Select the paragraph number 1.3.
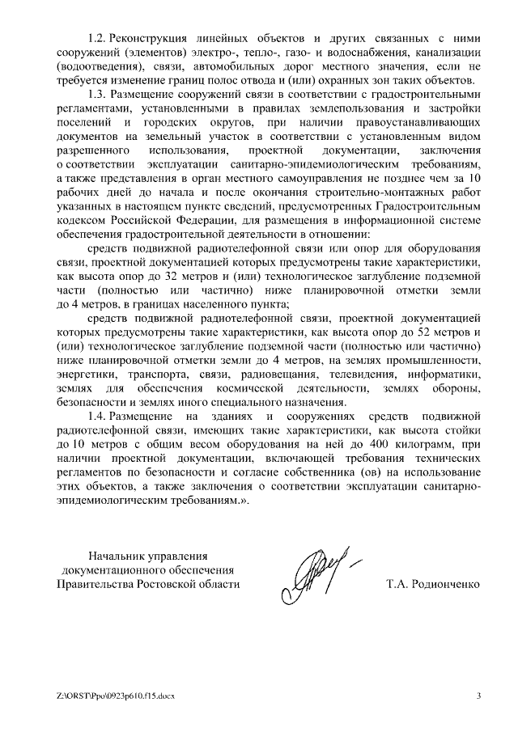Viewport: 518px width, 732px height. [98, 95]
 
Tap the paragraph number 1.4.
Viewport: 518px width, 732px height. [98, 417]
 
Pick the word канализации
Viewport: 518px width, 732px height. [447, 53]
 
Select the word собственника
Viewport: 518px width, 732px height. [312, 472]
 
